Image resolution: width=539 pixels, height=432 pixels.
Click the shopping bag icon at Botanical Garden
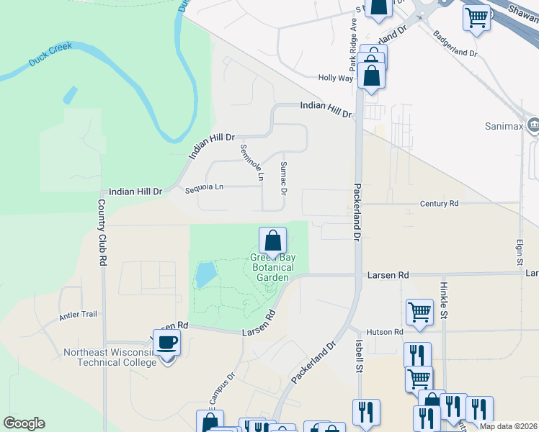click(x=273, y=240)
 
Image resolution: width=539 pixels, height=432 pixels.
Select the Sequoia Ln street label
click(x=204, y=187)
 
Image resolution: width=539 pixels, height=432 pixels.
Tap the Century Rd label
click(x=439, y=204)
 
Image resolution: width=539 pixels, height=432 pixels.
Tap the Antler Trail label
click(x=79, y=314)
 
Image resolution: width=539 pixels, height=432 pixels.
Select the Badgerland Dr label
click(x=454, y=45)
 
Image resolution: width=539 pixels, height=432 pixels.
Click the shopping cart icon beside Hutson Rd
click(x=419, y=312)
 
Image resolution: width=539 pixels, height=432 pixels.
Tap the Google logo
click(x=24, y=423)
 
